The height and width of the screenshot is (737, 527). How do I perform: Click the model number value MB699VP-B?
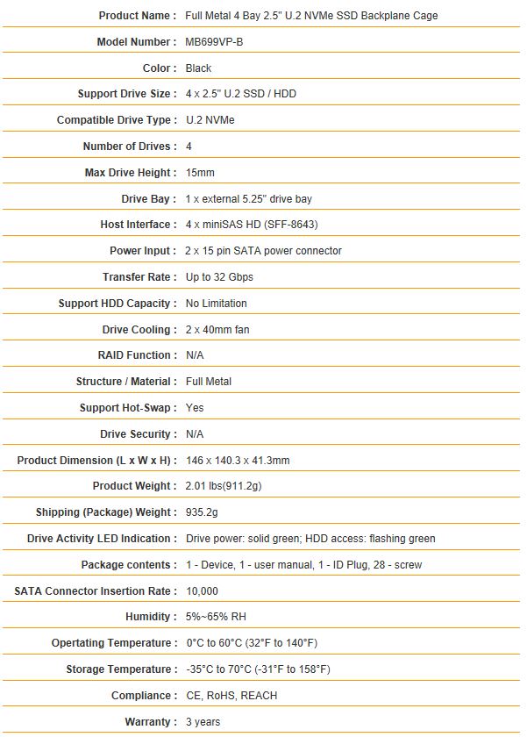(214, 42)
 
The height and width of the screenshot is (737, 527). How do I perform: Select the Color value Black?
(199, 68)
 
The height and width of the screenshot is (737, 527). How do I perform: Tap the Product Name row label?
(135, 16)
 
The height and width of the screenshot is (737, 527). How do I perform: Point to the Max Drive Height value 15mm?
(201, 173)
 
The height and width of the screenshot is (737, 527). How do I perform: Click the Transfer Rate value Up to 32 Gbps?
(220, 277)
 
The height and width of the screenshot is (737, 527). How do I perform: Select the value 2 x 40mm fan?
(219, 330)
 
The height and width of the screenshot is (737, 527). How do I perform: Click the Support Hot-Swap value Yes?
(195, 408)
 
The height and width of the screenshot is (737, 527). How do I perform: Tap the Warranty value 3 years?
(203, 722)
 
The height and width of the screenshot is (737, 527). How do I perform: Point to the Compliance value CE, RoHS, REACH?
(231, 696)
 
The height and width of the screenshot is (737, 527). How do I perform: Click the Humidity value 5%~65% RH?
(217, 617)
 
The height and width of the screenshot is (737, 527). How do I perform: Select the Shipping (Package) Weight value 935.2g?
(203, 512)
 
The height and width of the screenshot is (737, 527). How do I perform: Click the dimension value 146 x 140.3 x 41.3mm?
(238, 461)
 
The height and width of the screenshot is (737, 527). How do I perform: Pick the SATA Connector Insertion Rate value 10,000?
(203, 591)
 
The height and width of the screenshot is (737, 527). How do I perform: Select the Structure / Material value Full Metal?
(209, 382)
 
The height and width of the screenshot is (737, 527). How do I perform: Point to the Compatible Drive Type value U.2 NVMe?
(210, 120)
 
